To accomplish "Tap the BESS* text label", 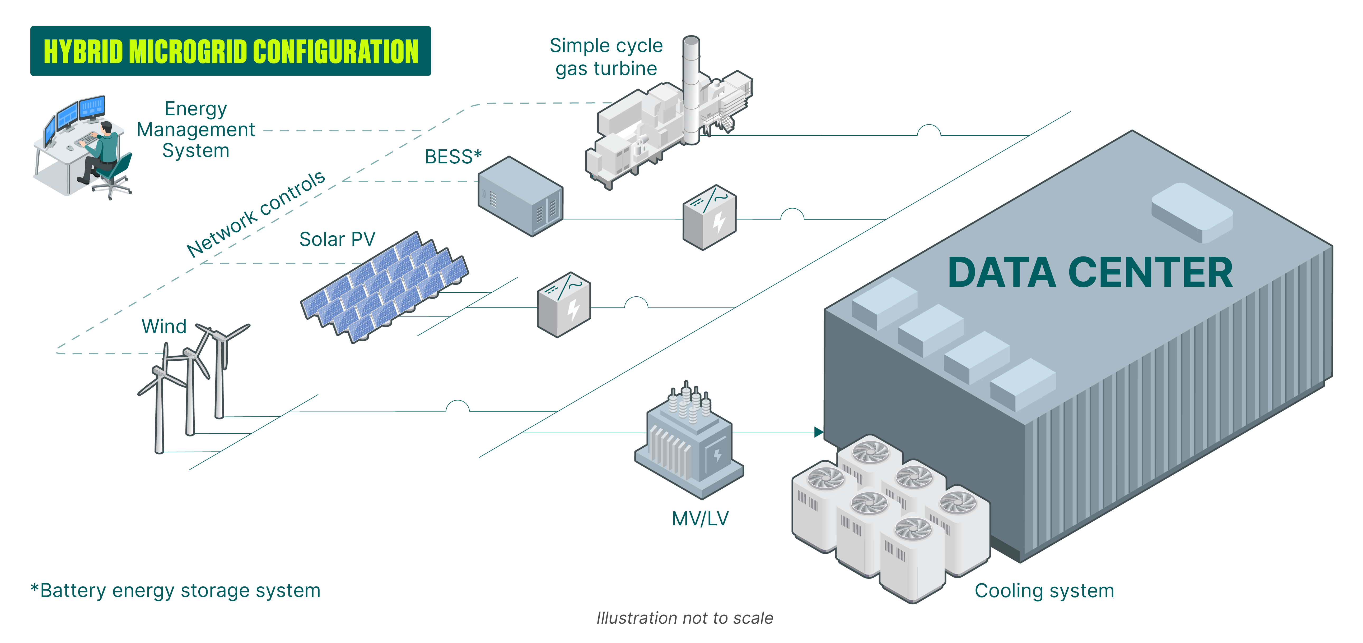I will tap(453, 157).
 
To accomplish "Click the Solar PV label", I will tap(337, 239).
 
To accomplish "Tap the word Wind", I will tap(164, 326).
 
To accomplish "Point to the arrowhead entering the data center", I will tap(819, 432).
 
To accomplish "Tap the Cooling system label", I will tap(1044, 591).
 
